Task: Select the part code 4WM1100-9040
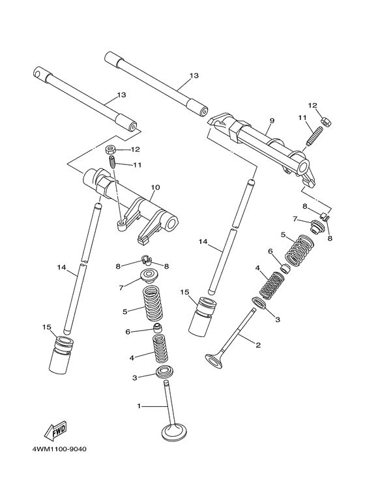[x=59, y=450]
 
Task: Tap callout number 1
[x=139, y=406]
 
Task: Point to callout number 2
[x=258, y=345]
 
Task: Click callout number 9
[x=272, y=121]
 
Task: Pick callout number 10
[x=155, y=187]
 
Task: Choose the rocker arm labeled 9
[x=261, y=143]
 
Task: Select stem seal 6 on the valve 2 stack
[x=286, y=267]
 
